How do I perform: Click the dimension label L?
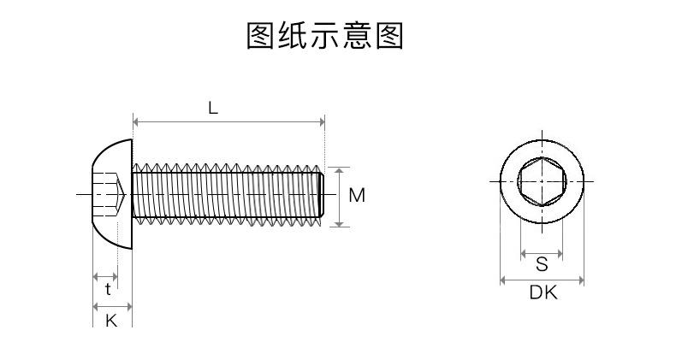[213, 108]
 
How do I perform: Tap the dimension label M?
[357, 196]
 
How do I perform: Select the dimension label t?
[108, 289]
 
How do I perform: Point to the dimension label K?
[111, 321]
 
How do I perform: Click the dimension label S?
[542, 264]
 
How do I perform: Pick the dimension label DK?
[543, 292]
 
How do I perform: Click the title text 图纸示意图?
[325, 36]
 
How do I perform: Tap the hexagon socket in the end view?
[542, 181]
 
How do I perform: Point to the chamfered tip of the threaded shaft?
[322, 195]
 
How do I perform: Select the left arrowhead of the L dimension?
[135, 122]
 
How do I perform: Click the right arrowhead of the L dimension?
[322, 122]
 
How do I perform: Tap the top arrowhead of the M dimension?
[340, 170]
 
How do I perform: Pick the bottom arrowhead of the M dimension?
[340, 223]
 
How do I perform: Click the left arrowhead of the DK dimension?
[502, 280]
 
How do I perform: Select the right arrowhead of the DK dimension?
[581, 280]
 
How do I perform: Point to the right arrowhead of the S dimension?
[560, 254]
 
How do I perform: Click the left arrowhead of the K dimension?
[96, 307]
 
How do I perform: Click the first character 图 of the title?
[260, 36]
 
